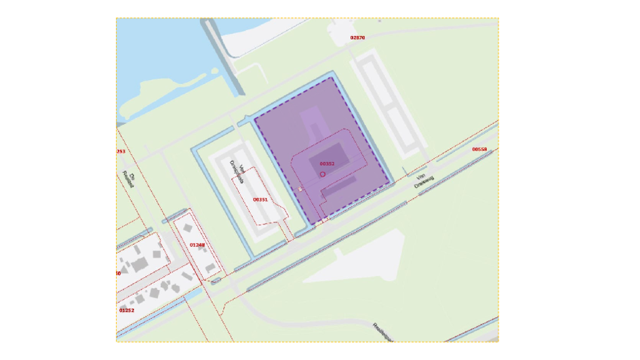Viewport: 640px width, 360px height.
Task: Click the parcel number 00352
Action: coord(327,164)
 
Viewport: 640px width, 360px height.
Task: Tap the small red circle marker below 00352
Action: coord(323,174)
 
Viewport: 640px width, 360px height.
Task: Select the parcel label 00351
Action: coord(260,199)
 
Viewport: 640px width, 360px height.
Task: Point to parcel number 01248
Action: coord(197,244)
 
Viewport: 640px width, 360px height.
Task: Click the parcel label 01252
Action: coord(127,310)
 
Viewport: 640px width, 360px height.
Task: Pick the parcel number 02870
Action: coord(357,38)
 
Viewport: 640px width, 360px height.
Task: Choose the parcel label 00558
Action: coord(479,149)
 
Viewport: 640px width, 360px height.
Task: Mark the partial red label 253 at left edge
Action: coord(121,151)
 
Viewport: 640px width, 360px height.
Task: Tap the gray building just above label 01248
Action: coord(188,228)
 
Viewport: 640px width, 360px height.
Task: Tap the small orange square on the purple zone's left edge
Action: coord(300,190)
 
